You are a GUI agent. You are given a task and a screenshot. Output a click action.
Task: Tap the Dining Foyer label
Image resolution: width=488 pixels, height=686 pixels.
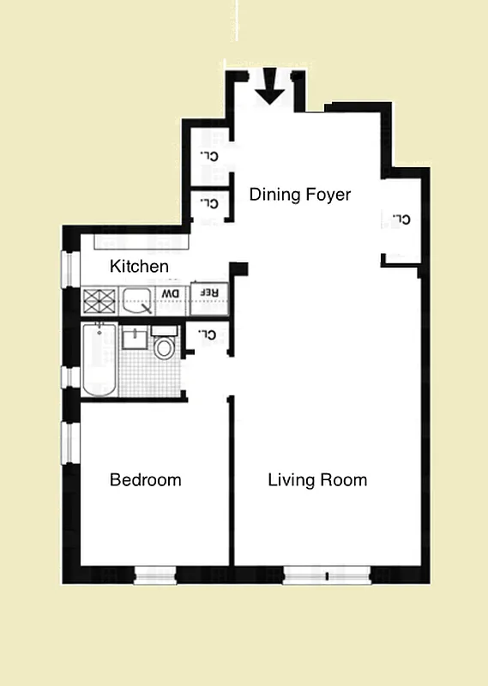300,195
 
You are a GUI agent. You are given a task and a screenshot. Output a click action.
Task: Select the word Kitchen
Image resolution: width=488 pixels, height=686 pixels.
139,267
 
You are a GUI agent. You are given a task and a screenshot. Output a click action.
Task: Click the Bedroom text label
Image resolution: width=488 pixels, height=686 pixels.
145,479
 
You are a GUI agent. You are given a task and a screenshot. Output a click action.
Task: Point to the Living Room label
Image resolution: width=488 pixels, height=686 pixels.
317,479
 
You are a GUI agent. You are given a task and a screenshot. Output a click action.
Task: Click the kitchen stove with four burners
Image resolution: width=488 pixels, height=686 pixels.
99,299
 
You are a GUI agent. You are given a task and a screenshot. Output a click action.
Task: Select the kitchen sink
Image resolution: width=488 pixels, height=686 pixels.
136,299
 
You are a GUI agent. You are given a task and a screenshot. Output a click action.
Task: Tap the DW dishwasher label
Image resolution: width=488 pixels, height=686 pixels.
172,295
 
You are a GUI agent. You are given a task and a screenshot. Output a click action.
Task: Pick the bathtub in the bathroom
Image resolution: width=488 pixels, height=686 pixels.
99,360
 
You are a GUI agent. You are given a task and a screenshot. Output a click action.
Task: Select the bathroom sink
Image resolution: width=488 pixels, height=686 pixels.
134,337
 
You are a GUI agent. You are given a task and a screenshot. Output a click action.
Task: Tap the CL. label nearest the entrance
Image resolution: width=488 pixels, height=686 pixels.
208,155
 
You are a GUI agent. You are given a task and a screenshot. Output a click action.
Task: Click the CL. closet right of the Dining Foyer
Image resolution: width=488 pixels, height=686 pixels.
401,220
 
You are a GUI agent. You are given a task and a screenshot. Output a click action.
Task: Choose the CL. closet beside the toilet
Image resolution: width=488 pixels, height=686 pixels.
207,334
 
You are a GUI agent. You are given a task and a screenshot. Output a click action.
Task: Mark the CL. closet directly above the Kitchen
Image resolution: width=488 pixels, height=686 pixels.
208,204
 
